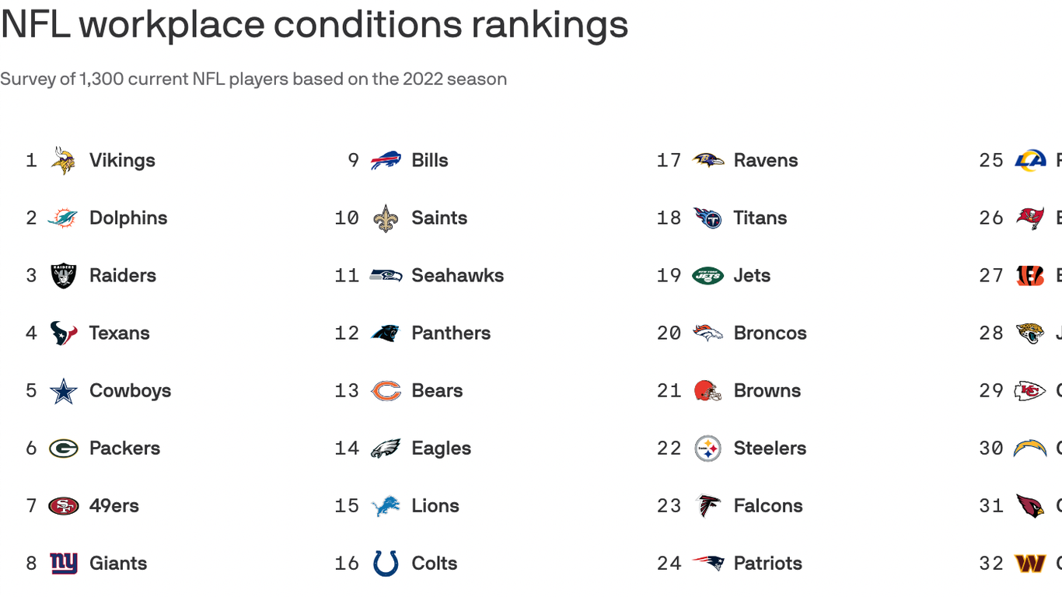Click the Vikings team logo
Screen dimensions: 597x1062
(x=63, y=160)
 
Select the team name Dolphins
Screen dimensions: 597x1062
(x=128, y=218)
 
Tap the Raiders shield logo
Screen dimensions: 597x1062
(x=63, y=276)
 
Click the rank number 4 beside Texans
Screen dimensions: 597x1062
(x=31, y=333)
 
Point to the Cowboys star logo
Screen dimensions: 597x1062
(x=63, y=391)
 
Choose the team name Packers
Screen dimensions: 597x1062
(x=124, y=449)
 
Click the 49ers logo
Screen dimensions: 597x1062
(x=63, y=506)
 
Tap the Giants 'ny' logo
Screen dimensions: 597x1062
(x=63, y=564)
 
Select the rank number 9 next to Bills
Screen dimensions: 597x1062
(x=353, y=161)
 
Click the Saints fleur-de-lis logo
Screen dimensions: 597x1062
(x=385, y=218)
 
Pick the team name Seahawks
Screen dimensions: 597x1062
(x=457, y=276)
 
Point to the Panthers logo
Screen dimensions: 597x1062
(x=385, y=333)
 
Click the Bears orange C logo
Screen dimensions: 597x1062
(x=386, y=391)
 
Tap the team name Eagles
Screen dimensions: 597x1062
(x=441, y=449)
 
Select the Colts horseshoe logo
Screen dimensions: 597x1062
(x=386, y=564)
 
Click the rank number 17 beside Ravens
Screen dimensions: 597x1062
(x=669, y=161)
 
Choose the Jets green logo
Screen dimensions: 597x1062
(x=707, y=276)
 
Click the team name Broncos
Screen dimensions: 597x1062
(x=770, y=333)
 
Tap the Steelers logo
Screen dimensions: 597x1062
(x=707, y=449)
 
